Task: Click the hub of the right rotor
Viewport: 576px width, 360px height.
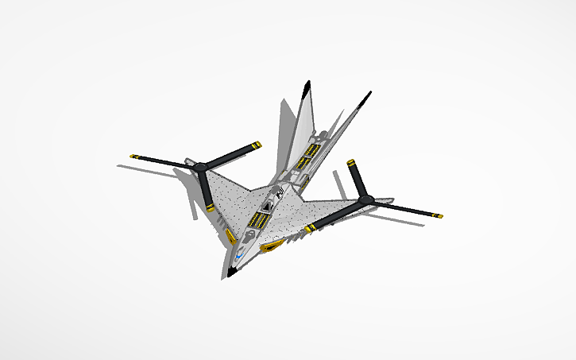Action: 365,199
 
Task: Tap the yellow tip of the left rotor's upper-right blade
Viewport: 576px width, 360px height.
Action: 256,145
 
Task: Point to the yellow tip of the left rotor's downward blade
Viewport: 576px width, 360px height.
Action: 211,207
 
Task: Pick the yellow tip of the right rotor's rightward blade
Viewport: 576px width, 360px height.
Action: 438,215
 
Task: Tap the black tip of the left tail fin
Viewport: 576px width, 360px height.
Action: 307,87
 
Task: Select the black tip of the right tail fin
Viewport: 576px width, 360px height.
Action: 367,96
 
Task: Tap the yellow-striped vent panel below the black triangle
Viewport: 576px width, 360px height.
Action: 259,221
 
